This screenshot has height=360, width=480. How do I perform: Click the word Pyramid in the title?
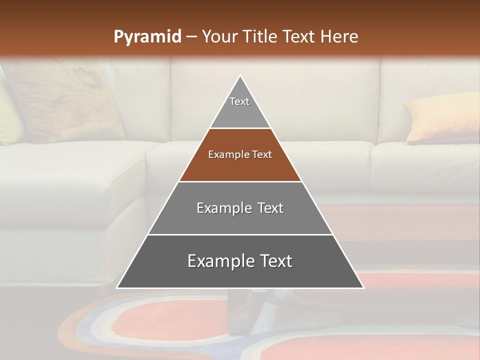click(147, 37)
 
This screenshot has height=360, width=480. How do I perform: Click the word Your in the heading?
click(219, 36)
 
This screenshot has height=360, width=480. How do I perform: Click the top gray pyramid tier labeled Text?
click(240, 107)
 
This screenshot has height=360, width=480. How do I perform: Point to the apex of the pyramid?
click(240, 76)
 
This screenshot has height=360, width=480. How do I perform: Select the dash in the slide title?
click(191, 37)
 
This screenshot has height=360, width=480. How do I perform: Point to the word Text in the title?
click(298, 36)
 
